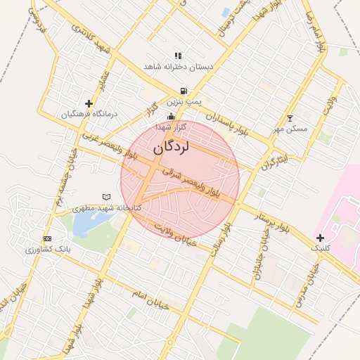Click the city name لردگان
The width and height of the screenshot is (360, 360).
[171, 148]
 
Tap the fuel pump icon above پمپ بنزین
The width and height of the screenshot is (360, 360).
[184, 91]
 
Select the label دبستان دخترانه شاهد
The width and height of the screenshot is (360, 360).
[178, 67]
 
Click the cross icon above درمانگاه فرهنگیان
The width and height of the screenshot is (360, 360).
[89, 103]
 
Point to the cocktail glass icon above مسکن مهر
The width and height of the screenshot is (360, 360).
[290, 118]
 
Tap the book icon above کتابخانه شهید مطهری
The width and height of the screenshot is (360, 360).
[107, 197]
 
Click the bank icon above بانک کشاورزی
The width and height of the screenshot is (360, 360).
[46, 239]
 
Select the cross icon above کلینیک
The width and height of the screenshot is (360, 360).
[321, 238]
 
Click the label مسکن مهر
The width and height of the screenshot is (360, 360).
[290, 129]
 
